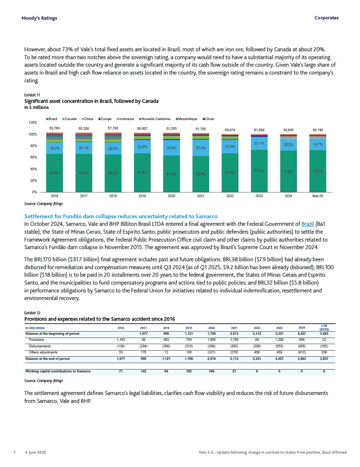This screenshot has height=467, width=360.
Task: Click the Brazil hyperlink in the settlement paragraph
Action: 307,224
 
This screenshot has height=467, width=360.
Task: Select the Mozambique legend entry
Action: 187,119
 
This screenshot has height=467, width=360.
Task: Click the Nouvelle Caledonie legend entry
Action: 155,119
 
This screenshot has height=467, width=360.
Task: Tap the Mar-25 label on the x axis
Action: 317,196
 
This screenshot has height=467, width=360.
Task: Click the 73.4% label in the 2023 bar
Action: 259,171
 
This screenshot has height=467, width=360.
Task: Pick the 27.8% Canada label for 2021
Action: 201,148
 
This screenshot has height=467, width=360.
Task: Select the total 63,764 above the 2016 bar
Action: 54,128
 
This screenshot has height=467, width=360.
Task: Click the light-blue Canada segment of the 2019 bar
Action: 142,147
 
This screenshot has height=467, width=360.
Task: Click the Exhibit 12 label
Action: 32,313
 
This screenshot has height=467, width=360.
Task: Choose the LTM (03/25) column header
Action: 324,328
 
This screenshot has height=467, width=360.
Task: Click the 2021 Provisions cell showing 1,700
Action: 234,340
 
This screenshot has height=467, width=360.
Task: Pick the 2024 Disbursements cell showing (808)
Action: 302,346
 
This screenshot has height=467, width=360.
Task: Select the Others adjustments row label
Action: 43,352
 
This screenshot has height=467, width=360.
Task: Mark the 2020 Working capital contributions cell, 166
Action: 211,371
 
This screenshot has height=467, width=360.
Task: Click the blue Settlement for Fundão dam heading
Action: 121,216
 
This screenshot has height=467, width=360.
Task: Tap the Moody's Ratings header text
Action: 39,18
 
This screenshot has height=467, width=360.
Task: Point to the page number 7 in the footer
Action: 14,452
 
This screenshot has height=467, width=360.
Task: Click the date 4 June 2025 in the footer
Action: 35,452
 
